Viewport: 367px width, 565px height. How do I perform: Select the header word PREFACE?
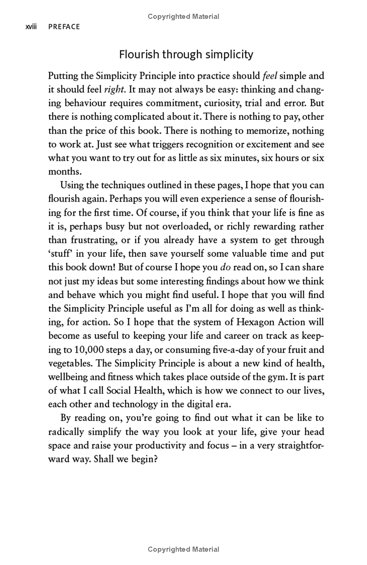(x=64, y=27)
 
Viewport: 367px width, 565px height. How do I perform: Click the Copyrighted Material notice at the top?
(x=183, y=17)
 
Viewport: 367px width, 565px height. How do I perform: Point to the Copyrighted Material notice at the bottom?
(x=183, y=549)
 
